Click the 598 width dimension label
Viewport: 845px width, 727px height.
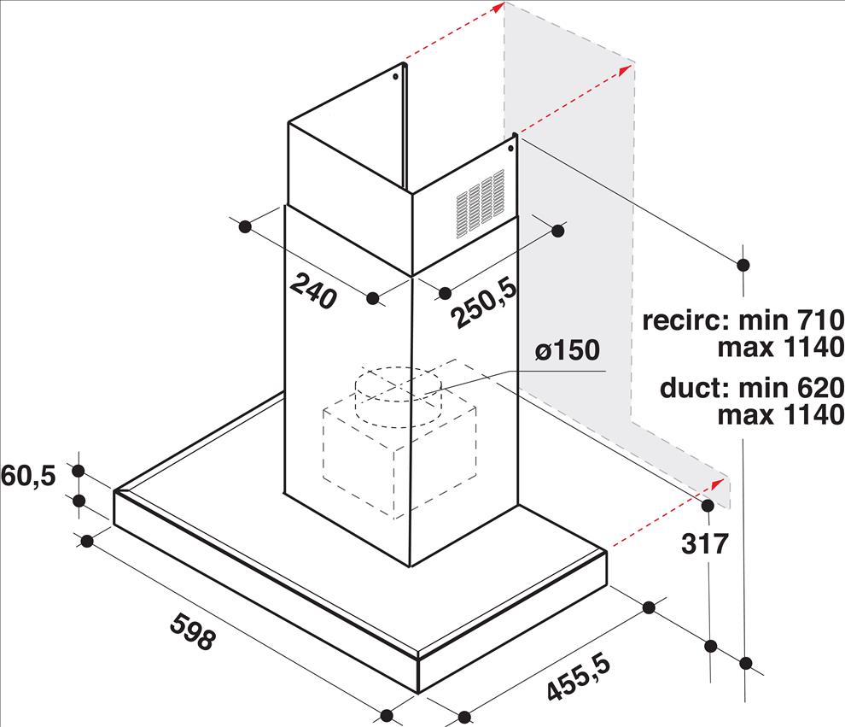[x=193, y=631]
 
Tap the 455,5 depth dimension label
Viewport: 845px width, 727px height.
[x=579, y=677]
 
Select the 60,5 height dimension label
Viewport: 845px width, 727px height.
[x=28, y=476]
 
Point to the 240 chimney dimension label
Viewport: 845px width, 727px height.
[x=313, y=291]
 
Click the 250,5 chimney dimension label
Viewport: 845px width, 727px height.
[x=484, y=302]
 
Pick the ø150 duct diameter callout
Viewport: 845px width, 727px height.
[x=567, y=350]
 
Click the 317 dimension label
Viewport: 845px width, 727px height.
[x=705, y=543]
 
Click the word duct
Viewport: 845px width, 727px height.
[x=691, y=388]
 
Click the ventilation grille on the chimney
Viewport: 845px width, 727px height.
[x=481, y=203]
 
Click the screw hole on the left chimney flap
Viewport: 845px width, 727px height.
[x=395, y=76]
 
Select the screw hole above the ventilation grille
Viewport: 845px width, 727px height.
[x=510, y=147]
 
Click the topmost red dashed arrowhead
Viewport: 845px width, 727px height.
[x=498, y=7]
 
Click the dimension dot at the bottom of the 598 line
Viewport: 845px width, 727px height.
[x=387, y=716]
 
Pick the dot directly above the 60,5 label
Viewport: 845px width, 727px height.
[x=79, y=471]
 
